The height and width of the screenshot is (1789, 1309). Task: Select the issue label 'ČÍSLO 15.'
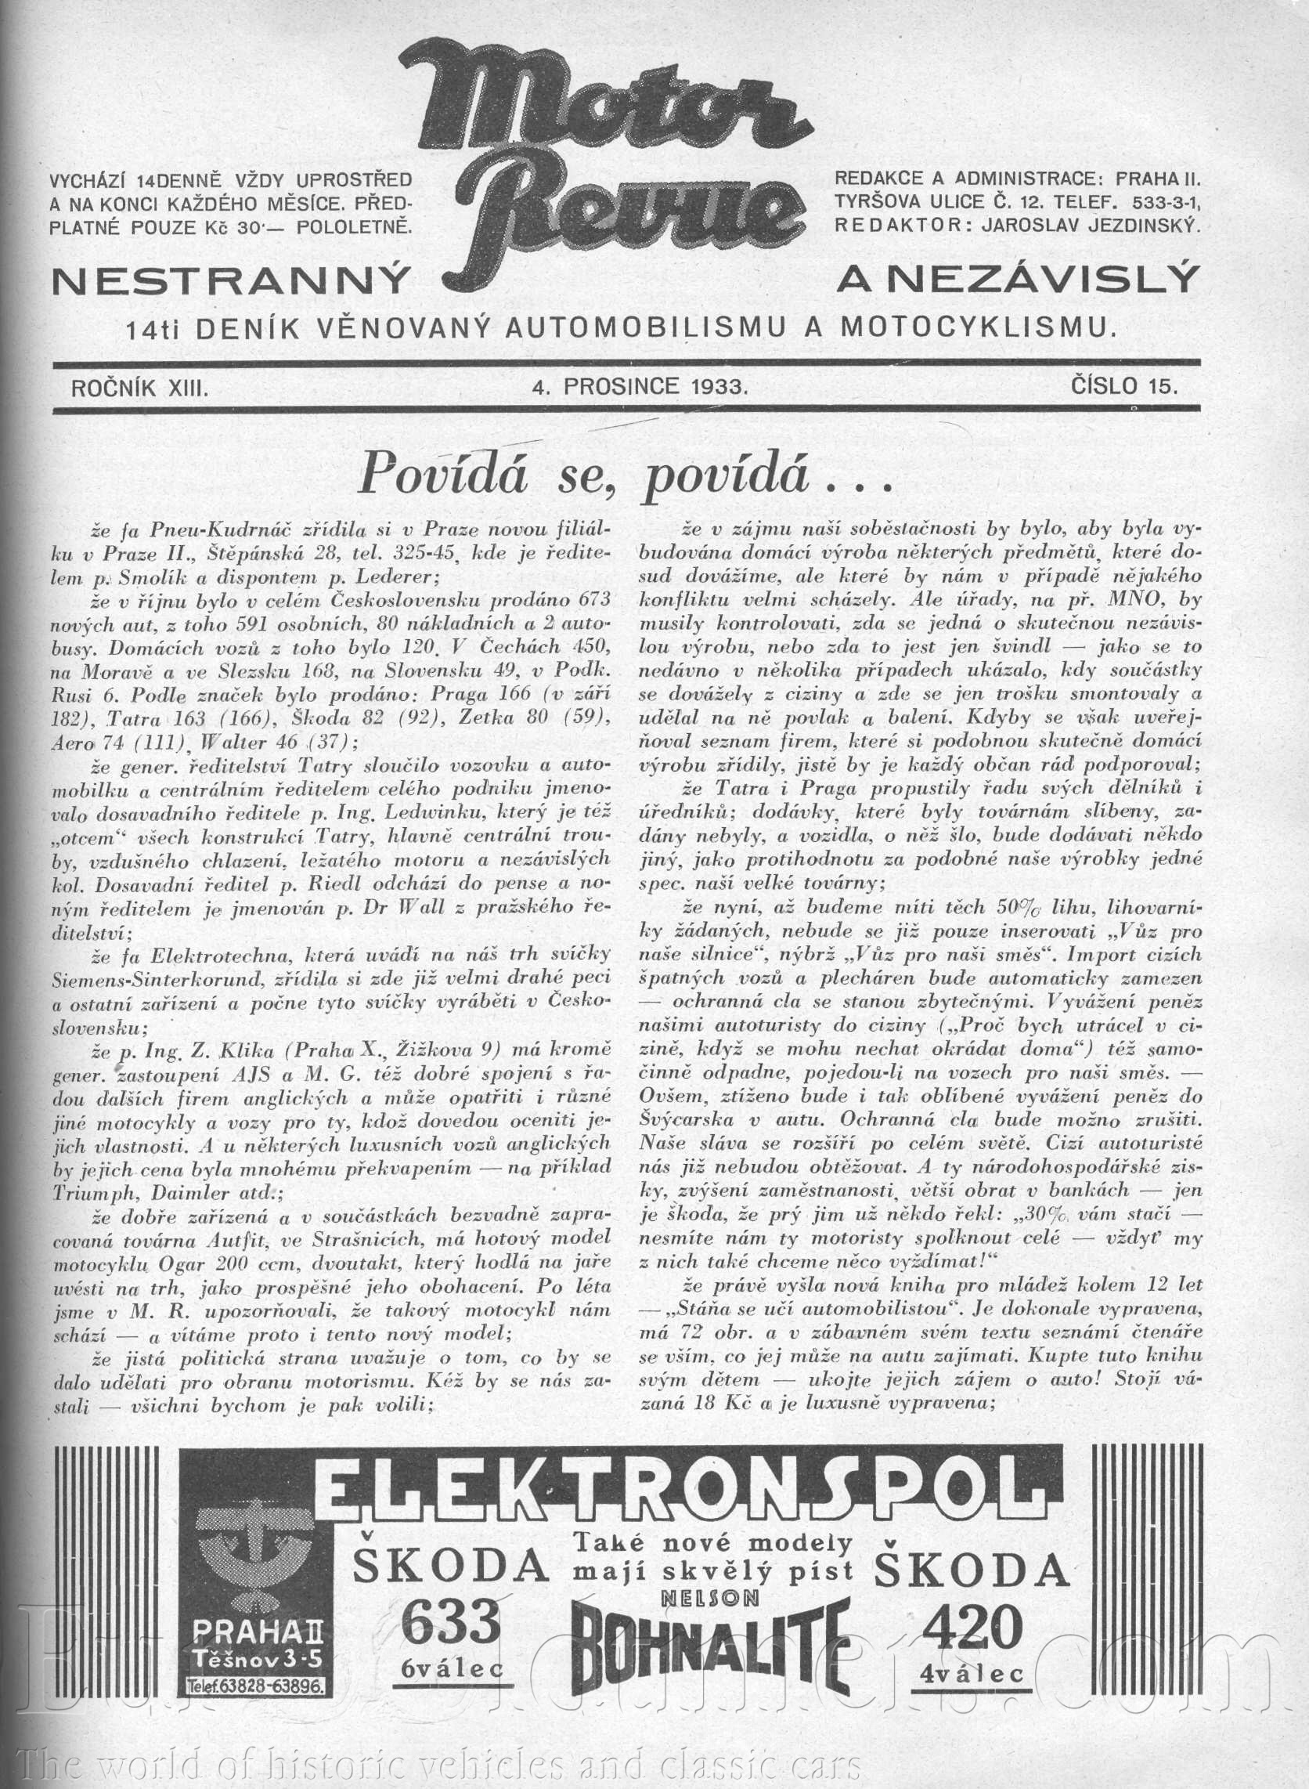(x=1124, y=387)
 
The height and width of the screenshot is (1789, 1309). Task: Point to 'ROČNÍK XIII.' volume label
(x=140, y=388)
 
